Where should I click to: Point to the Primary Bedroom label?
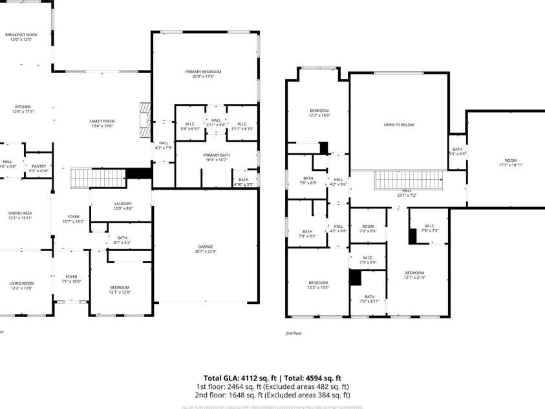pyautogui.click(x=207, y=74)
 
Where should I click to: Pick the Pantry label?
pyautogui.click(x=37, y=168)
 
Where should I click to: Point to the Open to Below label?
pyautogui.click(x=398, y=125)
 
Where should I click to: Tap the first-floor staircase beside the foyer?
pyautogui.click(x=97, y=177)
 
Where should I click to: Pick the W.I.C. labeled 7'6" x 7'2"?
pyautogui.click(x=430, y=228)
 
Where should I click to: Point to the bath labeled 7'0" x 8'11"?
pyautogui.click(x=369, y=299)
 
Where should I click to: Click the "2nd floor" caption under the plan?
pyautogui.click(x=294, y=333)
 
